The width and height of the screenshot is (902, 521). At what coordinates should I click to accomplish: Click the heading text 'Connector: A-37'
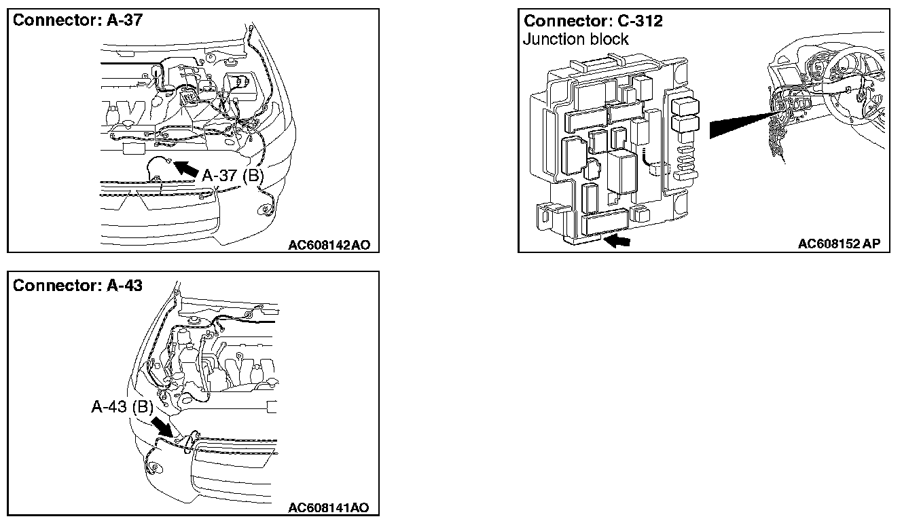78,20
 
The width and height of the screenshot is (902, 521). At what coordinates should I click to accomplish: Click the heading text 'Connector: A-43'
78,286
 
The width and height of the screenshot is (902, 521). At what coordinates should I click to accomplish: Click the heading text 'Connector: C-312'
593,21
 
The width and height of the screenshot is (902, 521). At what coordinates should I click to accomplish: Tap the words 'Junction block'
576,39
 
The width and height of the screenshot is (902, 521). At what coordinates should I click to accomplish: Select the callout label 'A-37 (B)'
232,175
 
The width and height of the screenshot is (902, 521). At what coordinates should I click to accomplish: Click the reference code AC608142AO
329,244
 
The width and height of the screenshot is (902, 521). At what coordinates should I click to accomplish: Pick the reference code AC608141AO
328,507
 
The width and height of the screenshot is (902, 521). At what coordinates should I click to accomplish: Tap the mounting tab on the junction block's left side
543,215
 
